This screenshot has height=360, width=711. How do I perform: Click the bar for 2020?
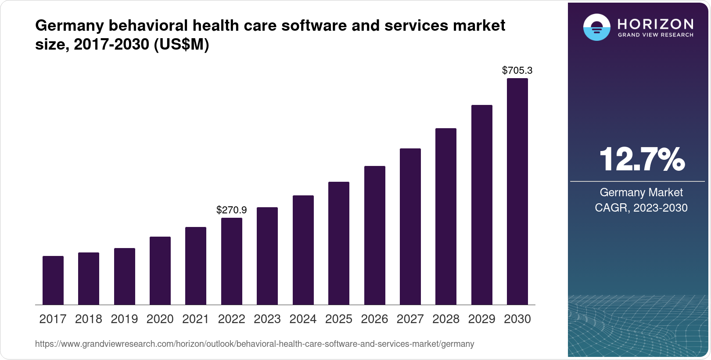coord(160,270)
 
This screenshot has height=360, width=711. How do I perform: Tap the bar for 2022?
coord(232,261)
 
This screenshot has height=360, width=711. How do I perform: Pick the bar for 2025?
coord(339,243)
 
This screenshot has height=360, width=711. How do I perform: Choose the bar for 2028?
coord(446,216)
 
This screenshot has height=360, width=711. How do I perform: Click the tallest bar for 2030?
coord(517,191)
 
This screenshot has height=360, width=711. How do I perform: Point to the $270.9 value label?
coord(232,210)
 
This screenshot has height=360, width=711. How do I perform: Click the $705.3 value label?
coord(517,70)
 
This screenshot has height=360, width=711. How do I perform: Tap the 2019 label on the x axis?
coord(124,319)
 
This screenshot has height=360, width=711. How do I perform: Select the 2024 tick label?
coord(303,319)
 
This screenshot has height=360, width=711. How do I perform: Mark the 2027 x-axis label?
coord(410,319)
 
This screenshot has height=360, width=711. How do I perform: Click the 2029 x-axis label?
coord(481,319)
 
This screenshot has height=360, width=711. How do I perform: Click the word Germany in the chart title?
coord(69,25)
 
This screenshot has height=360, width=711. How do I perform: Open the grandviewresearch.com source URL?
coord(255,344)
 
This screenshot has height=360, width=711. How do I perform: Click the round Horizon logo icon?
coord(596,27)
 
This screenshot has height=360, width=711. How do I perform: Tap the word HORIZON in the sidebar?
coord(655,24)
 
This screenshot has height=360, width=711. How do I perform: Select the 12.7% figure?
coord(641,159)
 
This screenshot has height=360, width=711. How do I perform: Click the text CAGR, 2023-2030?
coord(641,208)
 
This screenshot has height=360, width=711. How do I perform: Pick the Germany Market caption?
coord(641,192)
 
